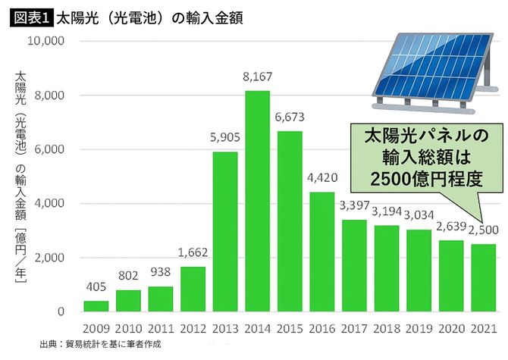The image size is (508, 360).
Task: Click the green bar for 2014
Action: pyautogui.click(x=258, y=201)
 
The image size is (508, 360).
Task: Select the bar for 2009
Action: pyautogui.click(x=96, y=305)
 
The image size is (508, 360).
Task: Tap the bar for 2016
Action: pyautogui.click(x=322, y=252)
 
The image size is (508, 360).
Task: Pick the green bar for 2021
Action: pyautogui.click(x=484, y=277)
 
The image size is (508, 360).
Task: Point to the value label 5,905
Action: pyautogui.click(x=225, y=138)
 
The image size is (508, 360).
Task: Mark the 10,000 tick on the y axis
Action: pyautogui.click(x=47, y=41)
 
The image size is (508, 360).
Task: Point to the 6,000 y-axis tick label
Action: pyautogui.click(x=50, y=149)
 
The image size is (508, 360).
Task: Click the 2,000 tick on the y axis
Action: pyautogui.click(x=50, y=258)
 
